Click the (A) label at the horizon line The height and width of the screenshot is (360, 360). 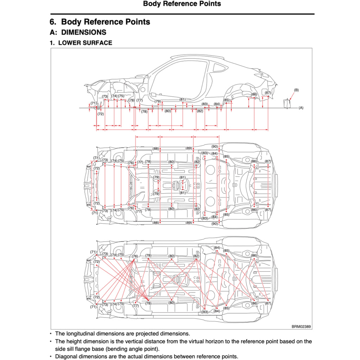301,108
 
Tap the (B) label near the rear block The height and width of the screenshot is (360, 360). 296,90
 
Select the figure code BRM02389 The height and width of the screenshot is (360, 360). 301,327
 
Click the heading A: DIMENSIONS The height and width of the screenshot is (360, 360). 78,32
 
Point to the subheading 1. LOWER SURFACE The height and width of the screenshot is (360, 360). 81,43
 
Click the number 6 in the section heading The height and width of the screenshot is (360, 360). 53,22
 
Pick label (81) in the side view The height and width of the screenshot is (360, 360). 182,99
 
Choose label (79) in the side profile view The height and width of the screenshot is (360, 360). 158,102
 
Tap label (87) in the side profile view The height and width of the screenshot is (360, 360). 268,93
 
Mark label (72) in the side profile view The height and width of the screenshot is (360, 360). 101,114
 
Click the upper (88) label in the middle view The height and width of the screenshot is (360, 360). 156,148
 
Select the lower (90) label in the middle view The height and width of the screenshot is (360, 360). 215,223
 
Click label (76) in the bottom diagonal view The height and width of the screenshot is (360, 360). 134,257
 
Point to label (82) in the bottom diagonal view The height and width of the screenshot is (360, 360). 196,256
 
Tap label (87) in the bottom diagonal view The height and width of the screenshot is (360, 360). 268,303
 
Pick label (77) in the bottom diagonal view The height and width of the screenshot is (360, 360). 136,306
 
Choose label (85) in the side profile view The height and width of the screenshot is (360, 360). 226,100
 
